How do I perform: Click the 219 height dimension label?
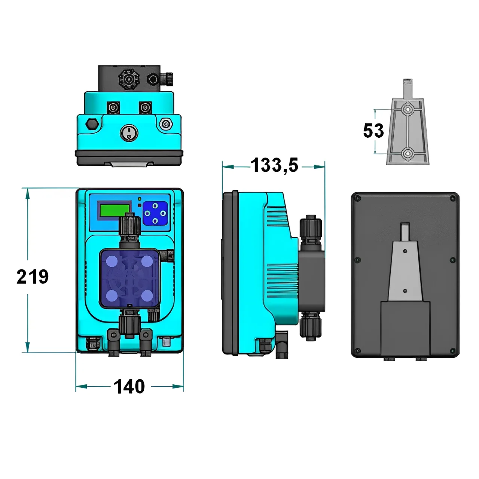33,277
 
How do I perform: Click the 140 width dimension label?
129,387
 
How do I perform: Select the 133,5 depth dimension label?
274,165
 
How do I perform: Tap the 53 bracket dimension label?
373,131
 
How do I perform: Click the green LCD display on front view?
114,210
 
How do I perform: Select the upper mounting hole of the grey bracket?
408,109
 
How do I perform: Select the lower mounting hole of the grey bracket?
408,153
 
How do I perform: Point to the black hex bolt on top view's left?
91,124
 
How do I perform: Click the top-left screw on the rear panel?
357,198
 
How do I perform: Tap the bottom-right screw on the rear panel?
453,351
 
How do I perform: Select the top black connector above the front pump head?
129,227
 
